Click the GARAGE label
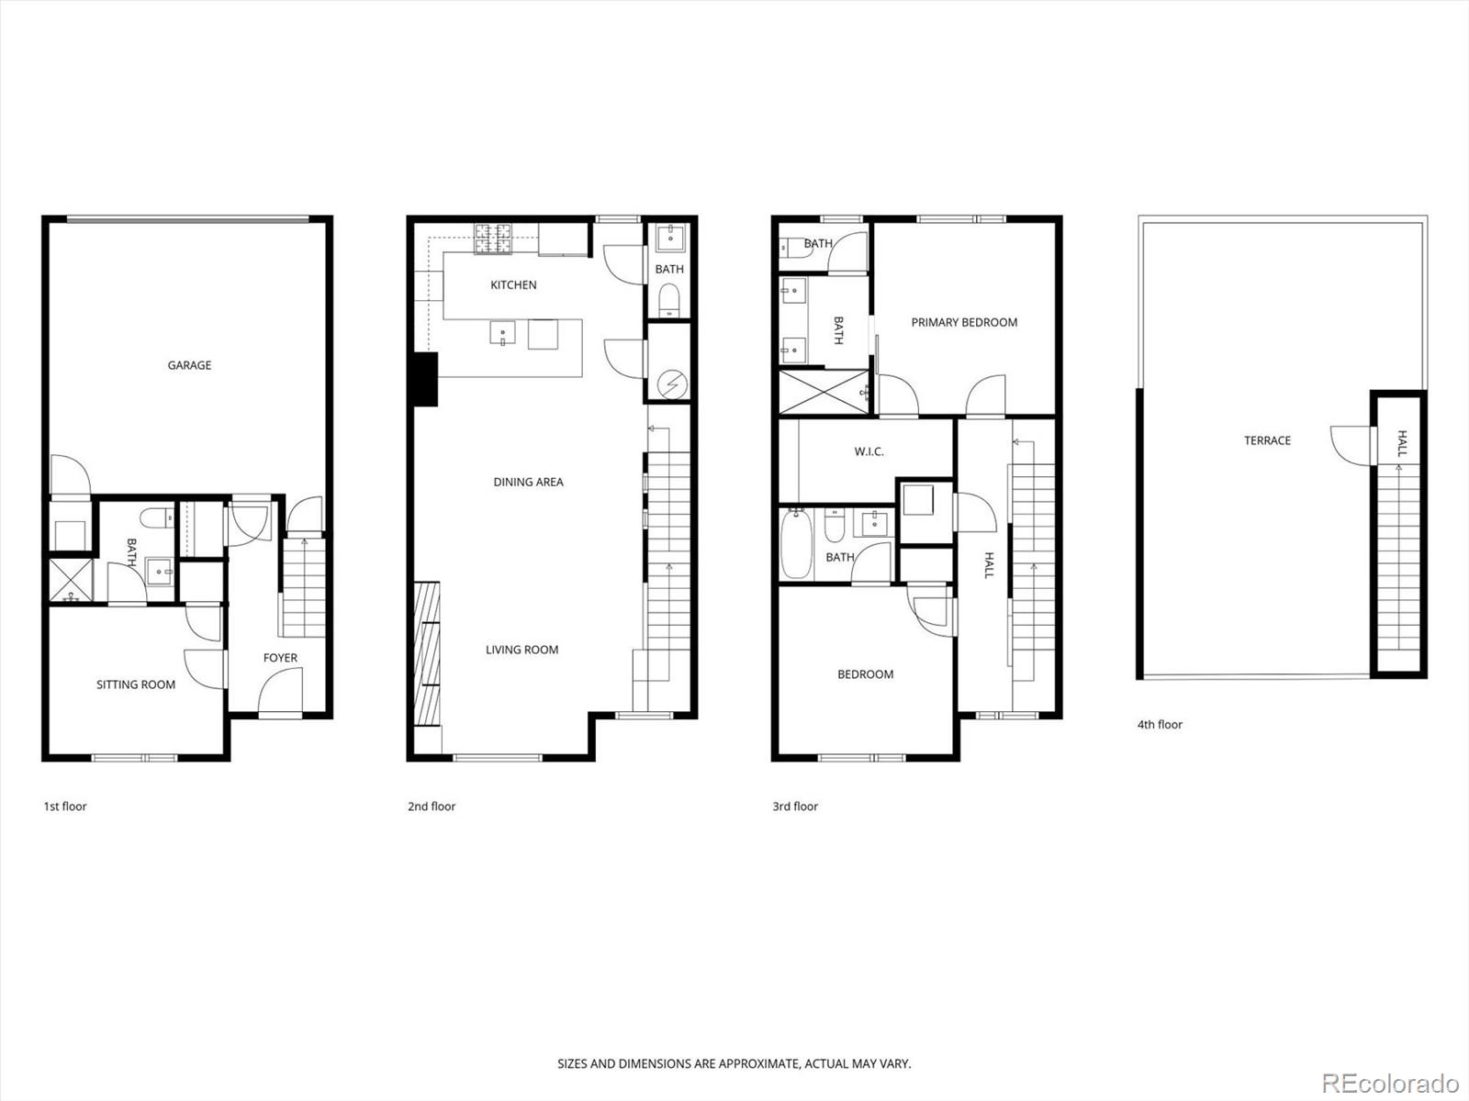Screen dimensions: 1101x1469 [x=189, y=365]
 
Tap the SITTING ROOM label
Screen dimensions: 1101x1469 [x=136, y=684]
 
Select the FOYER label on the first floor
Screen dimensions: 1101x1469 [x=280, y=658]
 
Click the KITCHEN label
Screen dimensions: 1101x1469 [x=513, y=285]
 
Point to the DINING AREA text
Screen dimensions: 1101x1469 [x=528, y=482]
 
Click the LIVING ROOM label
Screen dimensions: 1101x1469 [x=521, y=650]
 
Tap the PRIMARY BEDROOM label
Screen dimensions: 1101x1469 [x=964, y=322]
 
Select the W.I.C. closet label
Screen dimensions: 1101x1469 [x=869, y=451]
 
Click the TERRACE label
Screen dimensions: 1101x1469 [x=1267, y=440]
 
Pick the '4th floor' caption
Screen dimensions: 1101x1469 [x=1160, y=725]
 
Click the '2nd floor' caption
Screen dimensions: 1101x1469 [x=432, y=806]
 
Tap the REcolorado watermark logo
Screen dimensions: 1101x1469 [x=1390, y=1083]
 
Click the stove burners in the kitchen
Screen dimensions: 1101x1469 [x=492, y=239]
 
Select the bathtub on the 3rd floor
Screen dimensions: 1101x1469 [x=795, y=546]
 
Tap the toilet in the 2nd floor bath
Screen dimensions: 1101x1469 [x=669, y=299]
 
